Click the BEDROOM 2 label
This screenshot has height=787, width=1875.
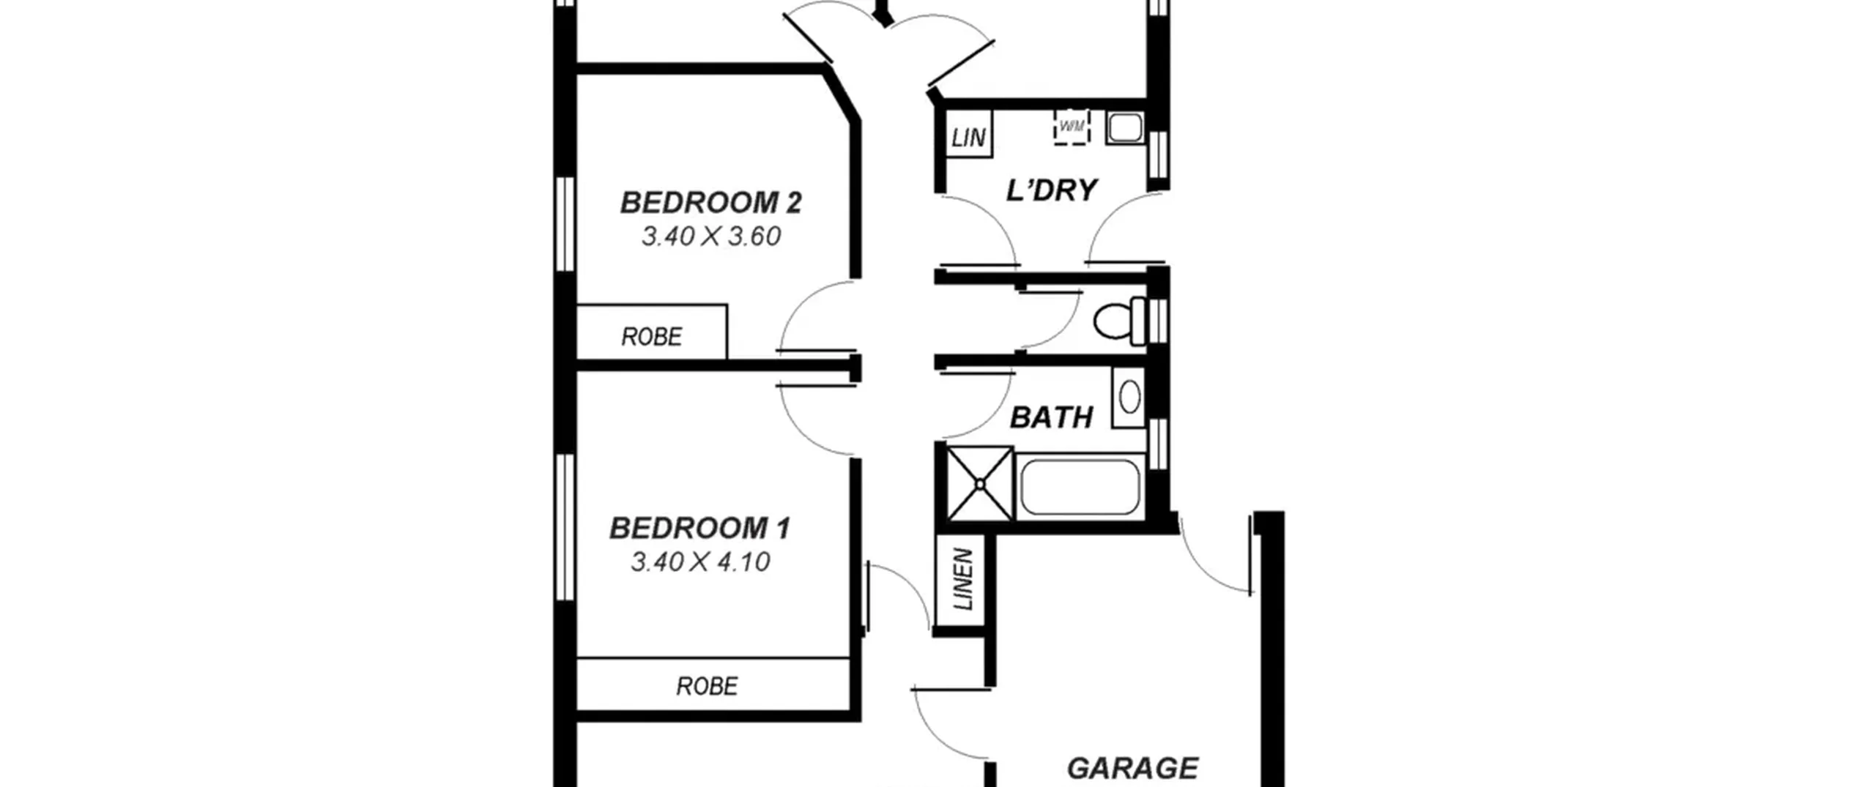(710, 203)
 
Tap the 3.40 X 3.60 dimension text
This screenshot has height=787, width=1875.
(711, 236)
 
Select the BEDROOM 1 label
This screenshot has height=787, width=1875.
(700, 529)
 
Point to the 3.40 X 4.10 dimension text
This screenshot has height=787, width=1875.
(700, 562)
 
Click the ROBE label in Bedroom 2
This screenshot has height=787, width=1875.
(652, 337)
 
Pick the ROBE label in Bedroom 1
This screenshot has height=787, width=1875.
(707, 686)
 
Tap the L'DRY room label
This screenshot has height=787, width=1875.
(1052, 190)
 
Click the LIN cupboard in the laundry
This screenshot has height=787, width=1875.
(969, 134)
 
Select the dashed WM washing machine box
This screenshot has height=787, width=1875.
(1072, 127)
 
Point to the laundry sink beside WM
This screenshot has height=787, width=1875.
(1124, 127)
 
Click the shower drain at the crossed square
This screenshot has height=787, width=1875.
(979, 483)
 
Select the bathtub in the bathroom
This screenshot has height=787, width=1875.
(1080, 487)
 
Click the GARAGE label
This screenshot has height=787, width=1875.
(1132, 769)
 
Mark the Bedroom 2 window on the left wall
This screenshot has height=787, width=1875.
(565, 224)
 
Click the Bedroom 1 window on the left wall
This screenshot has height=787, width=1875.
(565, 527)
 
